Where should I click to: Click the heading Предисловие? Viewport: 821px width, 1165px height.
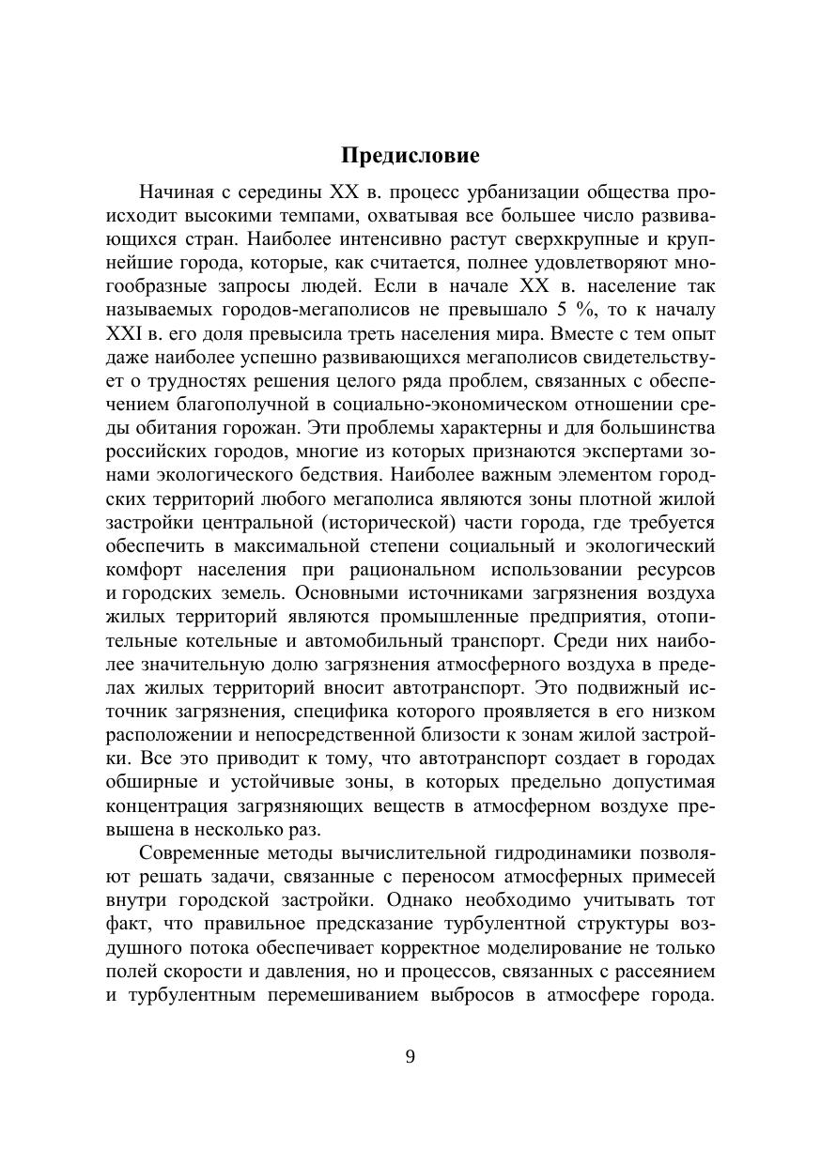[410, 155]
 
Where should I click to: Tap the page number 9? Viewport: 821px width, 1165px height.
[410, 1057]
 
